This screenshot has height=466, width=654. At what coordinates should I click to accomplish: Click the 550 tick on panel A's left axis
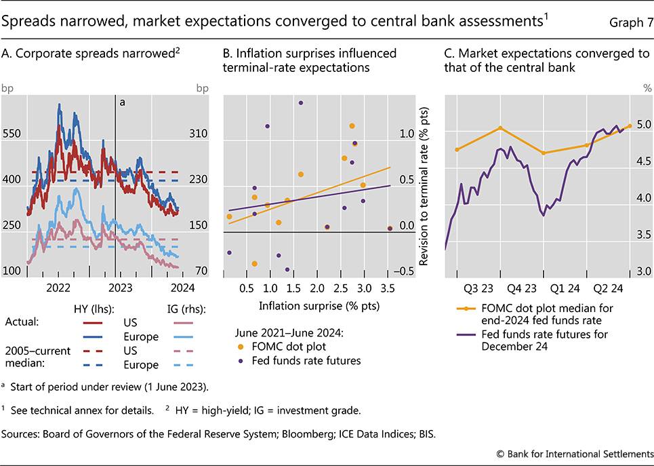coord(12,134)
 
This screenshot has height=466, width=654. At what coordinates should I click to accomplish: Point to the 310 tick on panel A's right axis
coord(198,134)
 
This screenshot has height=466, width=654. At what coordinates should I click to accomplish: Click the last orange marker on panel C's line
coord(630,125)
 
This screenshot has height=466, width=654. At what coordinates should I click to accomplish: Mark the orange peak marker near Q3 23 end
coord(500,128)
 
